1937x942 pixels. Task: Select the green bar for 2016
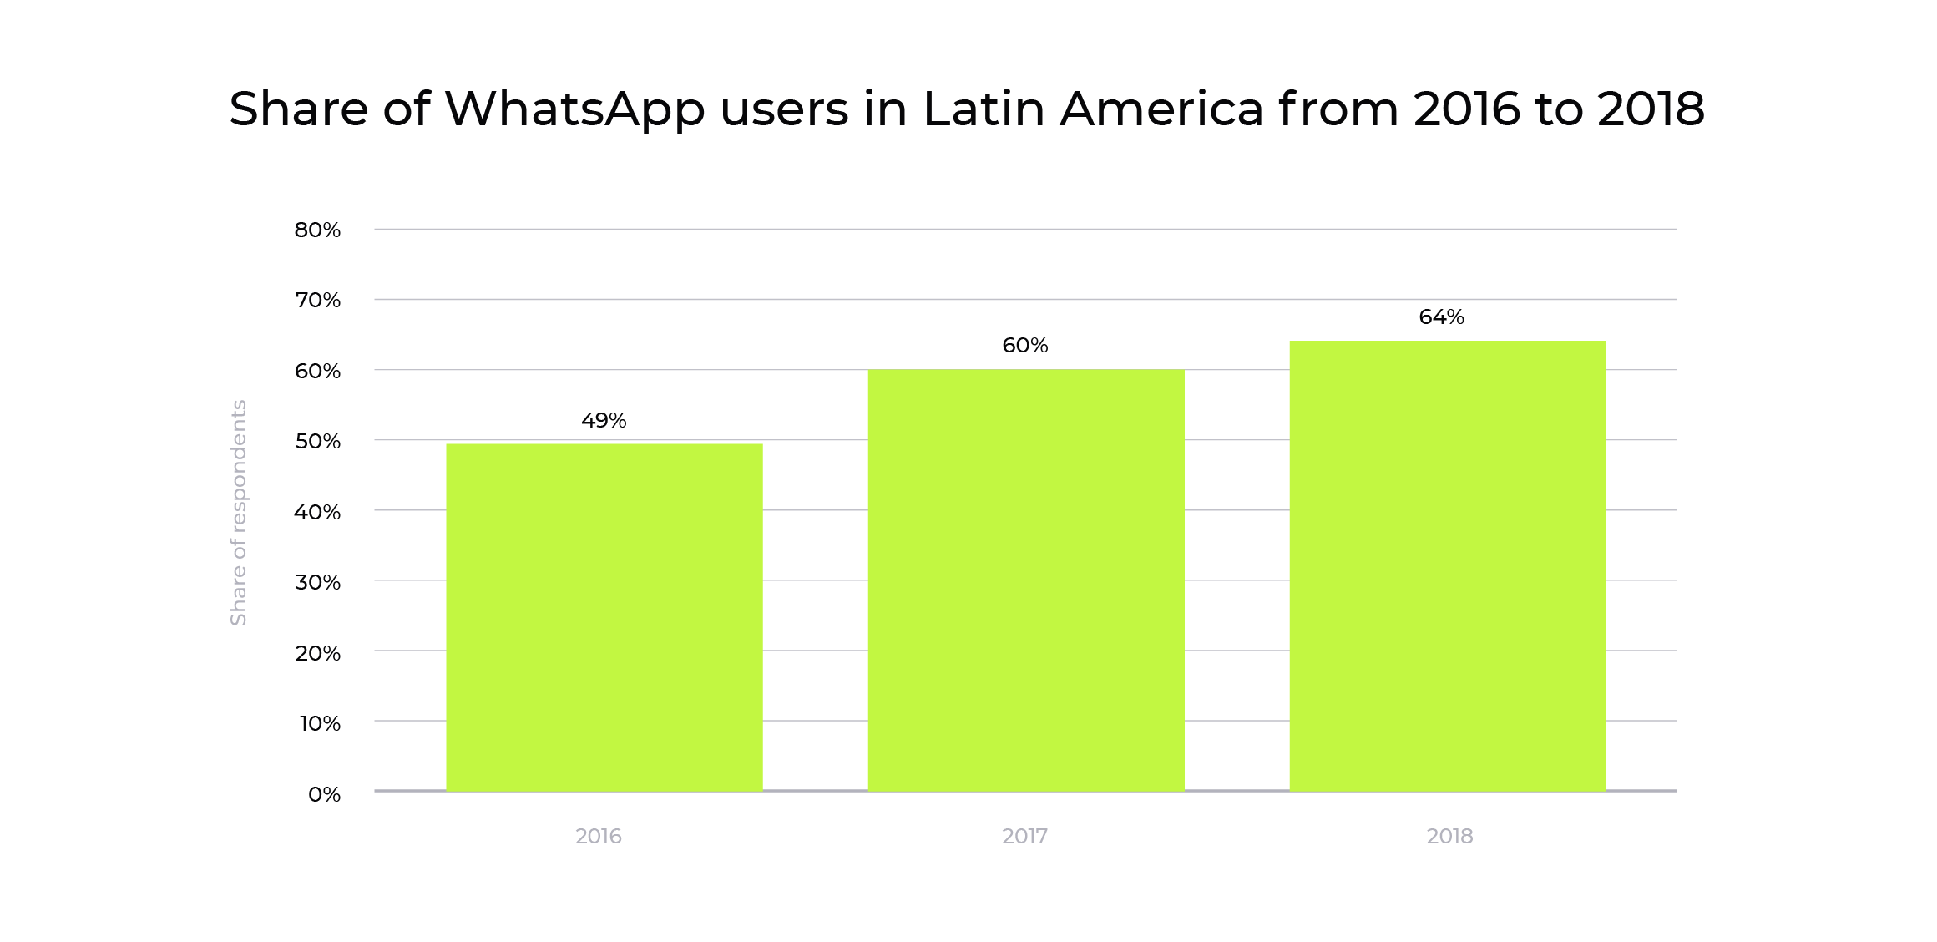coord(604,617)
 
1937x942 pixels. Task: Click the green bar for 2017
coord(1025,580)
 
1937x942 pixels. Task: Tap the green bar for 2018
coord(1447,565)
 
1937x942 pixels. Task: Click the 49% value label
coord(604,420)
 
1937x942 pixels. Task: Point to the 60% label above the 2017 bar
coord(1024,345)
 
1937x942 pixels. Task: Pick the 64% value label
coord(1441,317)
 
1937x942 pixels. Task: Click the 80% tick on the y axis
coord(317,230)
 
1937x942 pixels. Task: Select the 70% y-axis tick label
coord(317,300)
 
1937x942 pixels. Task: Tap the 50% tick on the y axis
coord(317,441)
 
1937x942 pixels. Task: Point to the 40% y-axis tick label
coord(317,511)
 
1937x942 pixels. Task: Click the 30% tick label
coord(317,581)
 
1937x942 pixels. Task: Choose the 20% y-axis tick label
coord(317,652)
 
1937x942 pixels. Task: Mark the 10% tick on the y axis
coord(320,722)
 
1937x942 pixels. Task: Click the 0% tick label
coord(324,793)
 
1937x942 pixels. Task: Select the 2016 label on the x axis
coord(598,836)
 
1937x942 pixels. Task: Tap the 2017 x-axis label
coord(1024,836)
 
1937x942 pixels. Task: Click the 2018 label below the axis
coord(1449,836)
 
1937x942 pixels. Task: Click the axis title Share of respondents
coord(239,512)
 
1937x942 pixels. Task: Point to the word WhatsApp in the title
coord(574,109)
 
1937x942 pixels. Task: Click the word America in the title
coord(1161,109)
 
